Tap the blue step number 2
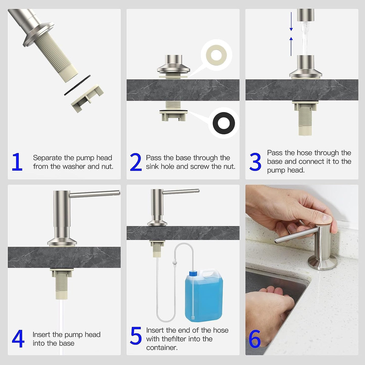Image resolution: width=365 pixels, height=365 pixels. coord(136,162)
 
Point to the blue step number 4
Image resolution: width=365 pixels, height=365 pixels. coord(18,339)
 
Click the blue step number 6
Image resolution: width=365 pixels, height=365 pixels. coord(255,339)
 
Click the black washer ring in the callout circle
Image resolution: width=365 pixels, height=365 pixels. coord(224,123)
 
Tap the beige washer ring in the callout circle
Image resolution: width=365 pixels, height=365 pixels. coord(216,55)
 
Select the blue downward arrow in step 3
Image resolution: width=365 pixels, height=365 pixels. coord(291,21)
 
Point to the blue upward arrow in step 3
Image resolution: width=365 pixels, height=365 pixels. coord(291,46)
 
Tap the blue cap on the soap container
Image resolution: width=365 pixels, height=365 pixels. coord(193,273)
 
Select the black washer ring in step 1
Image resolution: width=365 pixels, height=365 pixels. coord(77,85)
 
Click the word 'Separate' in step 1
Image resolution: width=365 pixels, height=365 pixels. coord(47,158)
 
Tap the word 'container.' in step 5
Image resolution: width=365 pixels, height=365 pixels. coord(162,348)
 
